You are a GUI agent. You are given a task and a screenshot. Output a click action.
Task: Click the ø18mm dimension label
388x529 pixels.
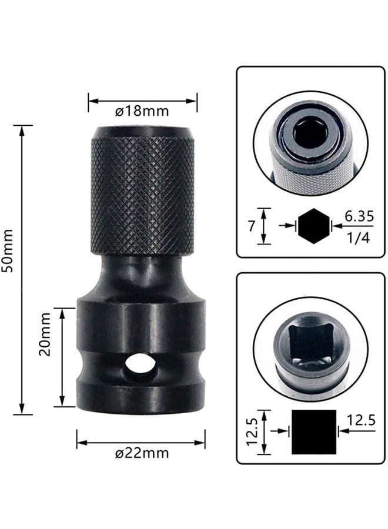coord(143,111)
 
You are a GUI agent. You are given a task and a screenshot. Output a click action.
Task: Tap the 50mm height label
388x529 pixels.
coord(8,251)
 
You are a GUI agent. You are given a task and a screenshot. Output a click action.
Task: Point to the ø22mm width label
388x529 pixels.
coord(142,453)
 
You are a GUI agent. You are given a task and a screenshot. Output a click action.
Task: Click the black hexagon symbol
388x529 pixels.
coord(313,226)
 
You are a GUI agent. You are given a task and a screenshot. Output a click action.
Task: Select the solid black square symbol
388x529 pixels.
coord(314,431)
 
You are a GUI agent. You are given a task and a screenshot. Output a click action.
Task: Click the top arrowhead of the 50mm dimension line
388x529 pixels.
coord(23,129)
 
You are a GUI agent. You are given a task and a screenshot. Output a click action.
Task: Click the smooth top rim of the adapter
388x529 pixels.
coord(143,132)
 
